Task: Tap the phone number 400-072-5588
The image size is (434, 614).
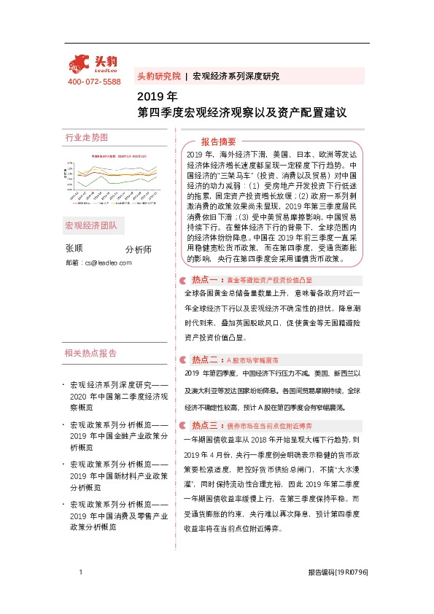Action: coord(94,82)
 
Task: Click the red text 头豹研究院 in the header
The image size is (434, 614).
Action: coord(158,76)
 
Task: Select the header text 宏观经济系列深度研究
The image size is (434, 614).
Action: coord(236,76)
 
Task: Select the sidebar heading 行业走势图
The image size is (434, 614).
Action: coord(86,137)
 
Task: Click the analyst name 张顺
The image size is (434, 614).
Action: coord(74,249)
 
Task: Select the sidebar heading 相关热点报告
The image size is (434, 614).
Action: coord(90,353)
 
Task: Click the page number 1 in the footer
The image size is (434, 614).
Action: coord(80,573)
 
